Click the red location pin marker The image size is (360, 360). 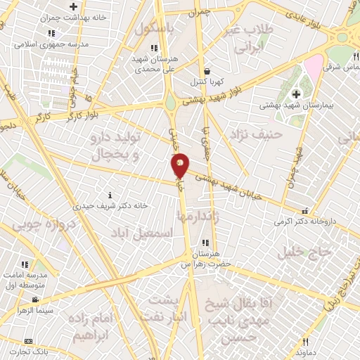coord(180,165)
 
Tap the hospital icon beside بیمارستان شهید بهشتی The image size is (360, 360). coord(296,94)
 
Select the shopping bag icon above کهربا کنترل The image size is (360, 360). coord(206,71)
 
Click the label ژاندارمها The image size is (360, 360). coord(211,218)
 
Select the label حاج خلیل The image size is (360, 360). coord(304,252)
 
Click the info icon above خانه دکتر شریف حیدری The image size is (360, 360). coord(108,195)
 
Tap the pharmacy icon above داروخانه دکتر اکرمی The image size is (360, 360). coord(305,210)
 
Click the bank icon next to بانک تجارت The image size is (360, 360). coord(28,340)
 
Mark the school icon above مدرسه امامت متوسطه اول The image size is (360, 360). coord(25,264)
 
